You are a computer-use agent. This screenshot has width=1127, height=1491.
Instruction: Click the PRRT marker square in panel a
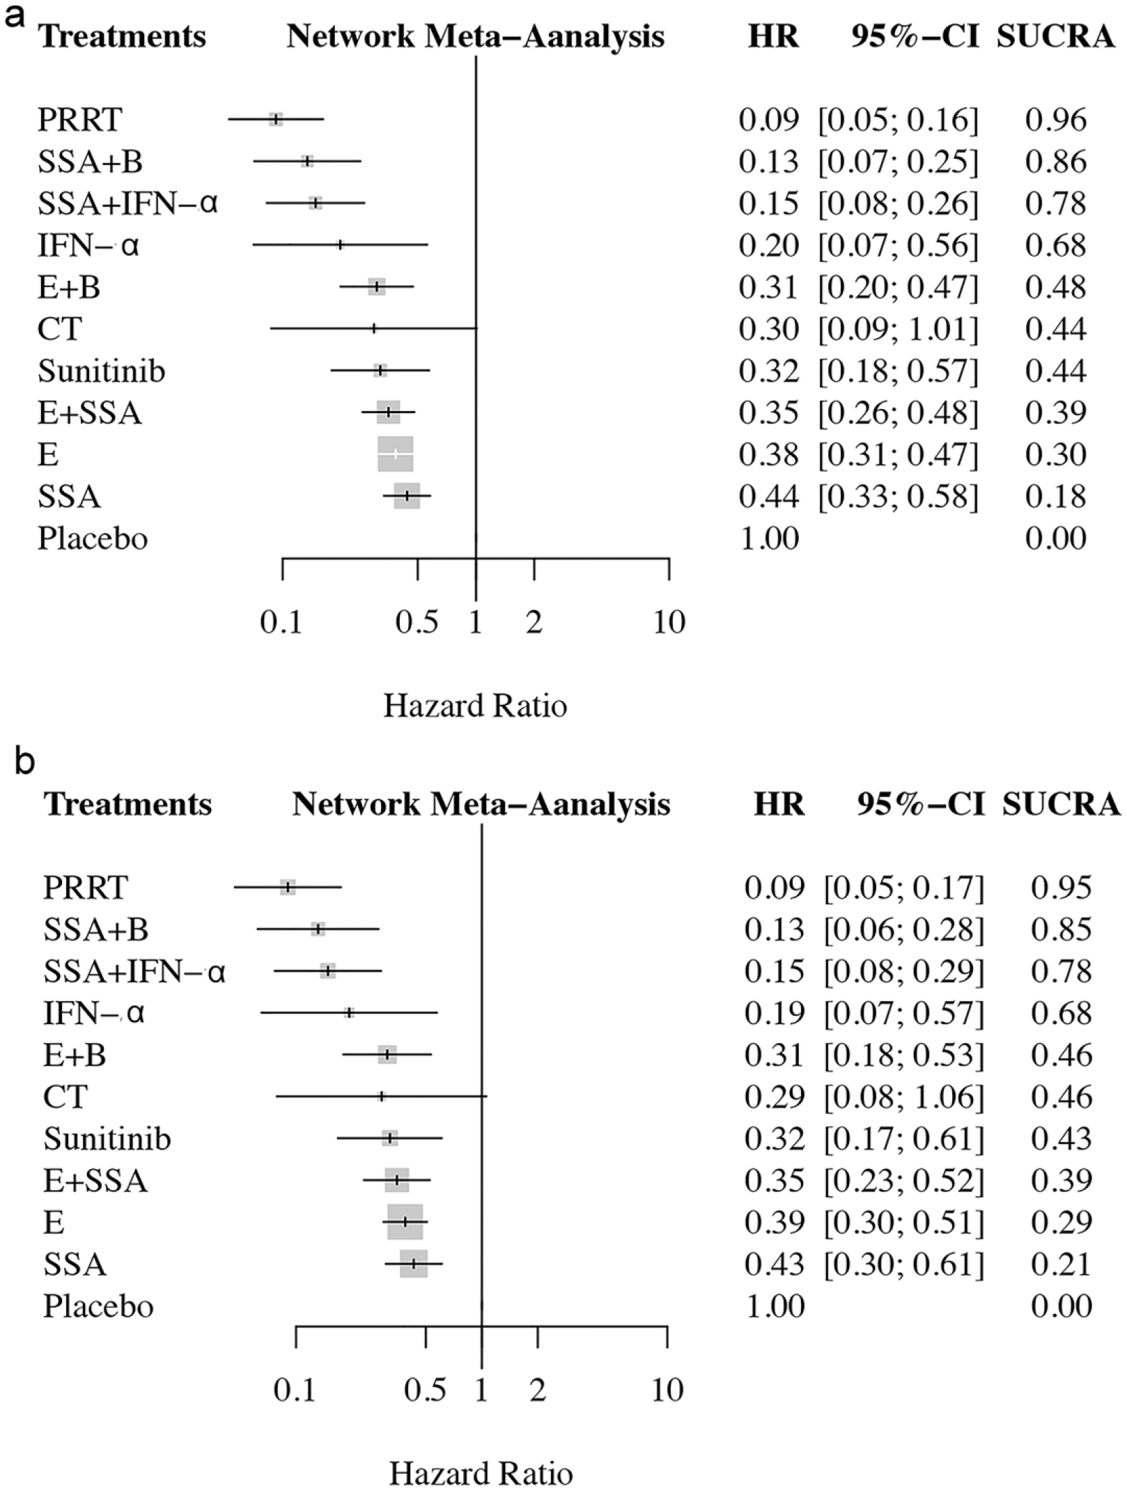click(x=277, y=119)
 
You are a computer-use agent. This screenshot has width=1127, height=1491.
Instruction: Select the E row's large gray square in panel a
click(x=396, y=454)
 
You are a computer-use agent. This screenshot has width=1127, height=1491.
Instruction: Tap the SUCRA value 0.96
click(x=1056, y=120)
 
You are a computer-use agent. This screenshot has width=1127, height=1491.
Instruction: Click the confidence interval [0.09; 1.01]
click(x=899, y=329)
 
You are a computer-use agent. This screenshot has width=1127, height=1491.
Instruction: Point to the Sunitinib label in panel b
click(x=107, y=1139)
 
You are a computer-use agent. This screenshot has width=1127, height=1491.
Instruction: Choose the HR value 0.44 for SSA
click(x=769, y=496)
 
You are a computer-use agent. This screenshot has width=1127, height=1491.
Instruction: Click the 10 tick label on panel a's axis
click(x=669, y=622)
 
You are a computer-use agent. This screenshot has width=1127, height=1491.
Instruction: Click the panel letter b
click(x=24, y=762)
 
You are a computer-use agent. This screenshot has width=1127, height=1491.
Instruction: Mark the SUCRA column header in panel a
click(x=1056, y=36)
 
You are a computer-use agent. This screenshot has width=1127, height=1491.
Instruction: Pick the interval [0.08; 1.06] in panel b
click(x=904, y=1097)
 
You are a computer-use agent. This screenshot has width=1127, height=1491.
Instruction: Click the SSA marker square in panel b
click(x=414, y=1264)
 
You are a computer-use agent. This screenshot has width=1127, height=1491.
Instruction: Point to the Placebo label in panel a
click(x=93, y=539)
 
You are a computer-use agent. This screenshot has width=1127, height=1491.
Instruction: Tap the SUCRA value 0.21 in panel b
click(x=1062, y=1265)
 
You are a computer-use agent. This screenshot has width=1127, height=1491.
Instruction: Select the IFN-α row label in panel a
click(x=88, y=245)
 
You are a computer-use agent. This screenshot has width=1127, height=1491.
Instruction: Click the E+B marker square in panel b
click(x=387, y=1055)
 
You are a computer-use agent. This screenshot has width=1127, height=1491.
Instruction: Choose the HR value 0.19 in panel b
click(x=775, y=1014)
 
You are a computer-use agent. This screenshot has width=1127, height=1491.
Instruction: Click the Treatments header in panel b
click(x=128, y=805)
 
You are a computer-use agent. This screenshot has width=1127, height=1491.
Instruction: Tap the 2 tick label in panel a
click(x=534, y=622)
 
